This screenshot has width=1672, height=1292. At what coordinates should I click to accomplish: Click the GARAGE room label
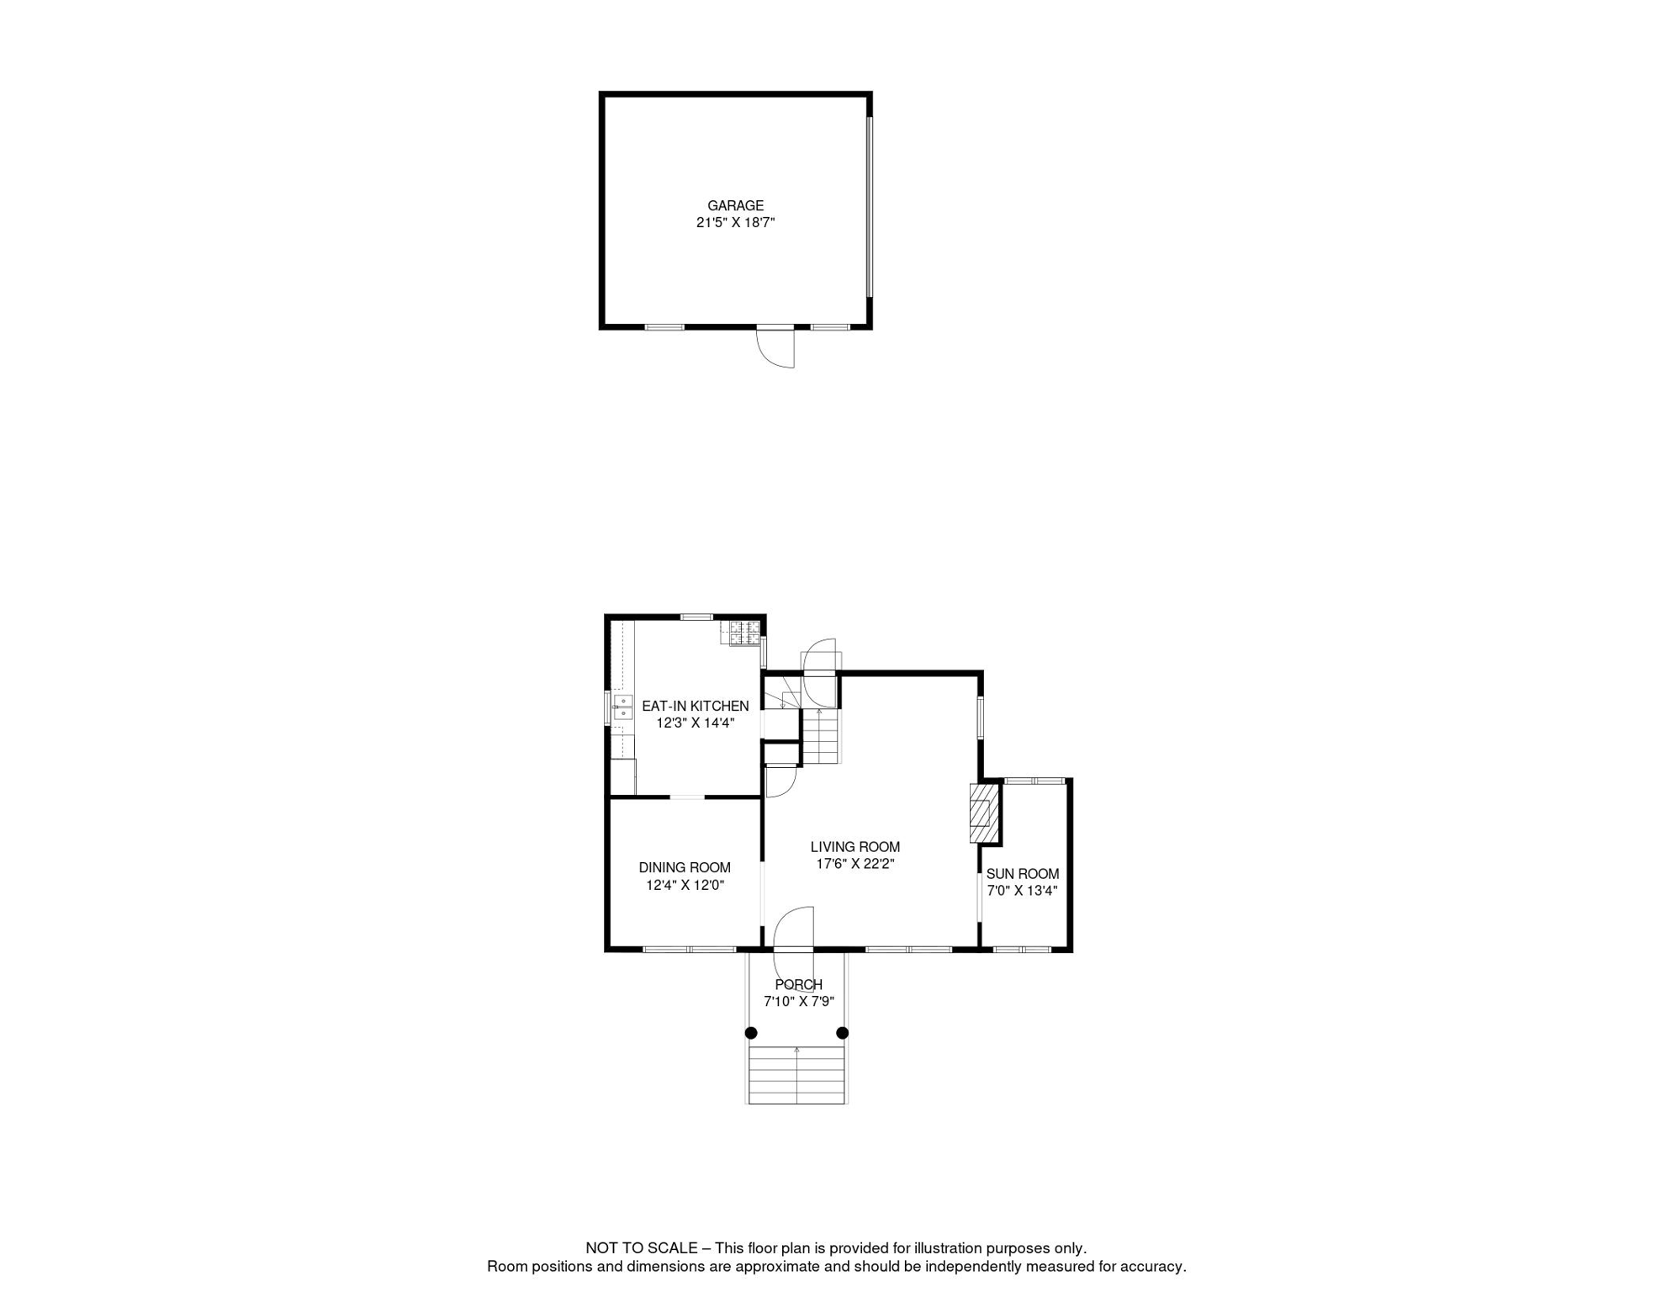(735, 205)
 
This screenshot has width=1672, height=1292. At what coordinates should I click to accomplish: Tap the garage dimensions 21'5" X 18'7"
(735, 223)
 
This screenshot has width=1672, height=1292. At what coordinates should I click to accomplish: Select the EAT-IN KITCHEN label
(695, 707)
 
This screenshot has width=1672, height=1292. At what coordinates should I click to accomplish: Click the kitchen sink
(622, 707)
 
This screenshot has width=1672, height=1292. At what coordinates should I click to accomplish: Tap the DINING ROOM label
(685, 868)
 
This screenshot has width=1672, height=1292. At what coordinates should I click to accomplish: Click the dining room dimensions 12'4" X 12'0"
(685, 885)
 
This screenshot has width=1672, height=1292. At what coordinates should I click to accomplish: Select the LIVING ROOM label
(855, 847)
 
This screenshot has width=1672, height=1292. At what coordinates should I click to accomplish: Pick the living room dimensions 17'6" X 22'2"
(855, 864)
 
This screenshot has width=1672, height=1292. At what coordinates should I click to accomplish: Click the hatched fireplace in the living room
(984, 813)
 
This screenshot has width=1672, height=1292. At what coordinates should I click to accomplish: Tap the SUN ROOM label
(1022, 874)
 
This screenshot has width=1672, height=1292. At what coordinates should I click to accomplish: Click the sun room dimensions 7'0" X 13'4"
(1022, 891)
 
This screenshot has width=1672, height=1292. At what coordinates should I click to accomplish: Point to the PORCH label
(798, 985)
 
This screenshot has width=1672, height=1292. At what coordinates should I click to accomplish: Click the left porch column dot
(751, 1033)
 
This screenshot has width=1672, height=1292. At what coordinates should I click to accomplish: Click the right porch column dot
(843, 1033)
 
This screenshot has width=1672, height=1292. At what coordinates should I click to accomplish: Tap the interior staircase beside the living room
(821, 737)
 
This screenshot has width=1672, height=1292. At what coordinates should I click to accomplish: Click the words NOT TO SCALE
(641, 1248)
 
